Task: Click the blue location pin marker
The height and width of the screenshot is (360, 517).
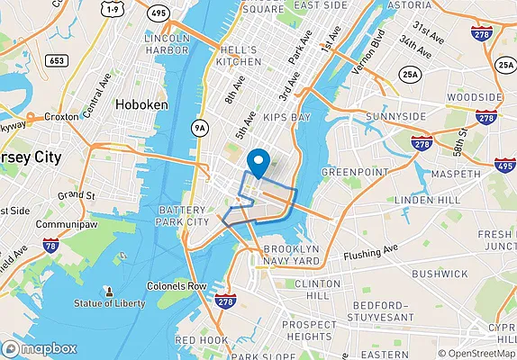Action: coord(258,162)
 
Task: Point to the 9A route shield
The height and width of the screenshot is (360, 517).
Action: coord(199,129)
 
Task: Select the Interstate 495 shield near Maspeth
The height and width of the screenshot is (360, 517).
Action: coord(506,165)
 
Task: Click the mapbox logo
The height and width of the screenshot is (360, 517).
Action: coord(39,348)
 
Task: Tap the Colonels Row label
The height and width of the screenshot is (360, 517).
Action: coord(178,286)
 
